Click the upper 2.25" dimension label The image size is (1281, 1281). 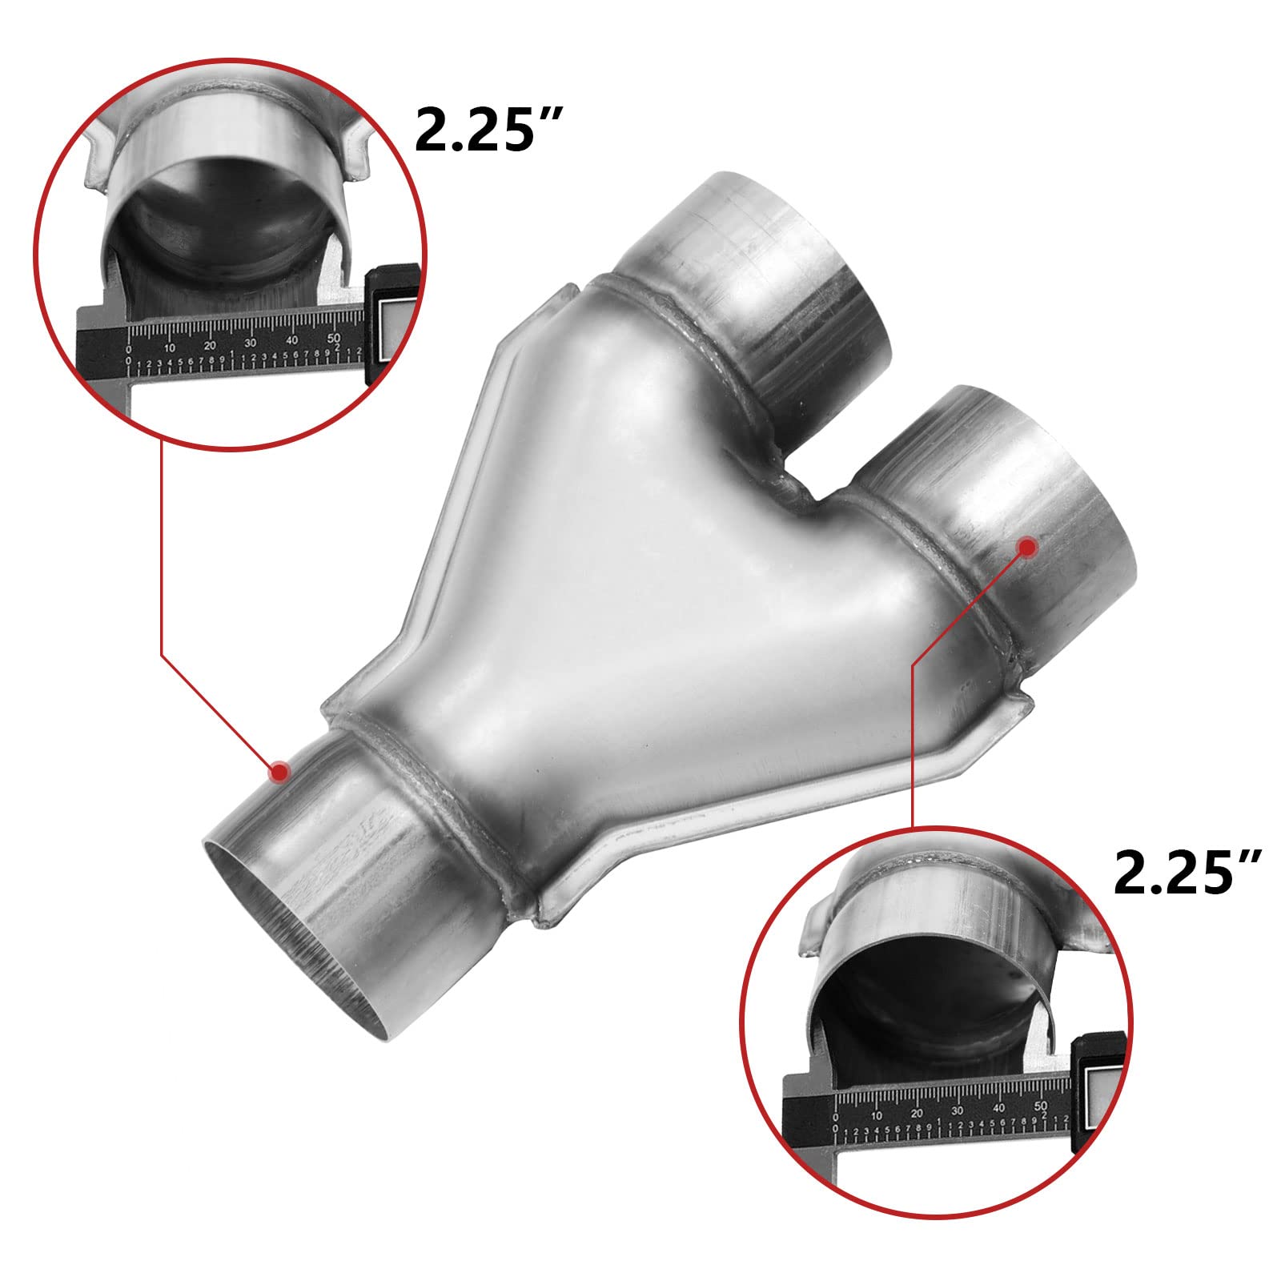486,130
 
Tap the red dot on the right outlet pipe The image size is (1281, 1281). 1027,546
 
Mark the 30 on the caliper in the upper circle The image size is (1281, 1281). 251,340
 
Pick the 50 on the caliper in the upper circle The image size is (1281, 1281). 334,337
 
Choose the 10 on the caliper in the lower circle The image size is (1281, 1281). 877,1115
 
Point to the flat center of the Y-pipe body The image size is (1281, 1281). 640,592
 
